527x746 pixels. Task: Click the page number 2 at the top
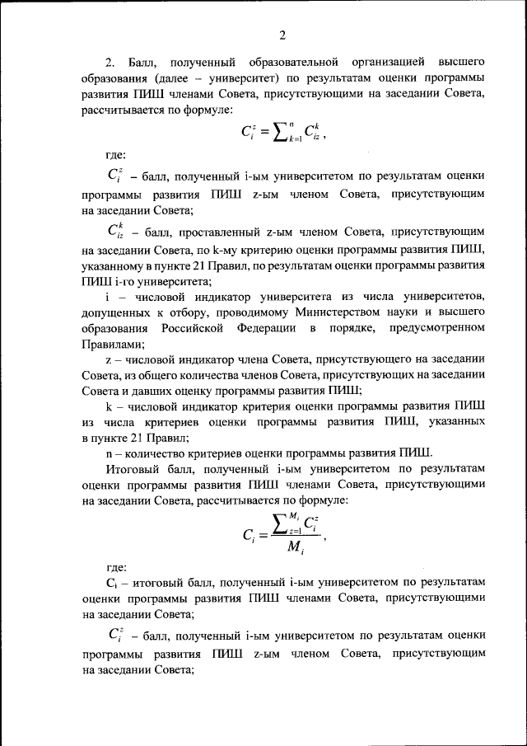pyautogui.click(x=282, y=35)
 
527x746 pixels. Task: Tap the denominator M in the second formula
pyautogui.click(x=284, y=551)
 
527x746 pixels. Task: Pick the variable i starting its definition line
pyautogui.click(x=108, y=297)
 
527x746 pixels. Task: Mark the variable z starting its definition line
pyautogui.click(x=108, y=359)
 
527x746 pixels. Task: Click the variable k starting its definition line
pyautogui.click(x=109, y=406)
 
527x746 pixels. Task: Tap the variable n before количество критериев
pyautogui.click(x=109, y=453)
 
